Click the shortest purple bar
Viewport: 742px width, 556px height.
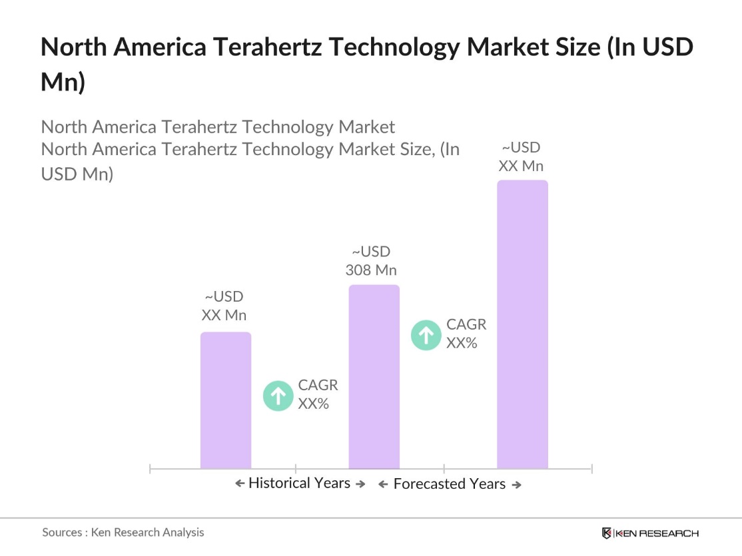(x=226, y=400)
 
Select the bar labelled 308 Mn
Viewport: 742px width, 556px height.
(x=374, y=377)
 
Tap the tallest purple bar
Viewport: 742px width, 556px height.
(x=523, y=324)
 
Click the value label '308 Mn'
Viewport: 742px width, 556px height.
(x=371, y=270)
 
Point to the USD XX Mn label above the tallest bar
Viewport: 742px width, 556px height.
(x=521, y=157)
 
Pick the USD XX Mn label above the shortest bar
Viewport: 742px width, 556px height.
(x=224, y=306)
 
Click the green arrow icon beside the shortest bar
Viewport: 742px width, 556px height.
(x=278, y=395)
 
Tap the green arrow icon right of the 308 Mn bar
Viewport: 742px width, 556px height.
(x=426, y=335)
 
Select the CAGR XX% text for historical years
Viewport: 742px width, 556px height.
(x=318, y=394)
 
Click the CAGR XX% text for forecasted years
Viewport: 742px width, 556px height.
(x=466, y=334)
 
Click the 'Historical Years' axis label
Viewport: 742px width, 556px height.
(x=299, y=483)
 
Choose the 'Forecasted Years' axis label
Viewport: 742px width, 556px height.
(x=450, y=484)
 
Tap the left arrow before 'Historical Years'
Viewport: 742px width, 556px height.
(x=240, y=484)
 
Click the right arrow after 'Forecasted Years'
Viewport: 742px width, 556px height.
(x=516, y=485)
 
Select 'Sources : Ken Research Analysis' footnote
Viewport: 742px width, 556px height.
(x=123, y=532)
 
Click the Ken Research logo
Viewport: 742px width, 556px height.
(x=649, y=533)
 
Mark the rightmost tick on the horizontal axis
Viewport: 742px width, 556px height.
(x=591, y=469)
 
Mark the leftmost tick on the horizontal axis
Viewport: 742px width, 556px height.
(x=151, y=469)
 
